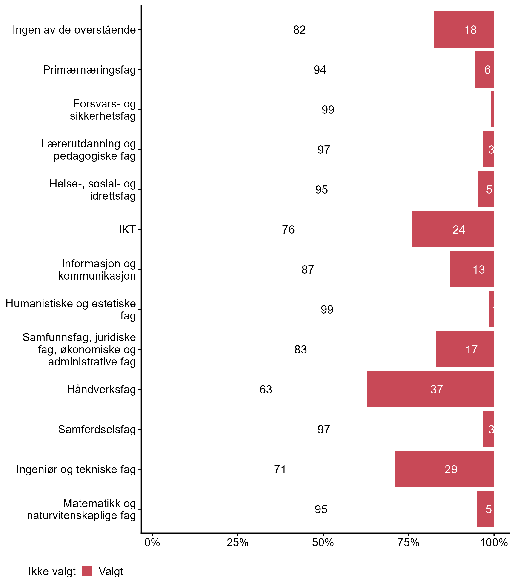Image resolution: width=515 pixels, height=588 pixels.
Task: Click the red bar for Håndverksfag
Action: pos(430,389)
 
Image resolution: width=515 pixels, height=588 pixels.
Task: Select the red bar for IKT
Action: pos(453,229)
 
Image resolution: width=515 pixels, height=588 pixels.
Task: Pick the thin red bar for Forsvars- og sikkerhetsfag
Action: pos(492,109)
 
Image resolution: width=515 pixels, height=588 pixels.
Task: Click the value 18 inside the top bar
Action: pos(470,30)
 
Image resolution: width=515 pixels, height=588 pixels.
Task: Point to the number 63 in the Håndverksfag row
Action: pos(266,389)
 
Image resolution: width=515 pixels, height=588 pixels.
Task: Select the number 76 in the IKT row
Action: pos(288,230)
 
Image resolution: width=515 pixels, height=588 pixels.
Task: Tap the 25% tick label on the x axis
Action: pos(237,543)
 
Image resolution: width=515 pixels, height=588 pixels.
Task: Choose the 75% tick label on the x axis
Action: pos(408,543)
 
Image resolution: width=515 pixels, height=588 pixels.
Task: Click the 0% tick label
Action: pos(152,543)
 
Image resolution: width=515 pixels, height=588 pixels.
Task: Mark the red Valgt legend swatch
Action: pos(87,571)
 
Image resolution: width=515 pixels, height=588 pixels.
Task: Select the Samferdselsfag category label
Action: pos(97,429)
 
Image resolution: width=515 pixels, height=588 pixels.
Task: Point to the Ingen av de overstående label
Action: pos(74,30)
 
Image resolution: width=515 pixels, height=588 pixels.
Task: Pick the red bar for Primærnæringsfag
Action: pos(484,69)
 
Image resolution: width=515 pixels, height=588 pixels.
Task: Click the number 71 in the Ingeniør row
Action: pos(280,469)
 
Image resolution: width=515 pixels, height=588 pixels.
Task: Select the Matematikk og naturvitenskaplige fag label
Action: pos(81,509)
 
